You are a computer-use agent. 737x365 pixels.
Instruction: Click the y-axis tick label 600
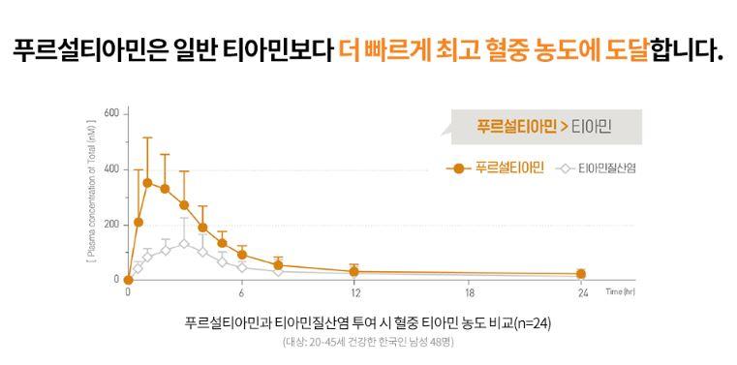(111, 114)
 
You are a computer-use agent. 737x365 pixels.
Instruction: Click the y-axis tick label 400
(111, 169)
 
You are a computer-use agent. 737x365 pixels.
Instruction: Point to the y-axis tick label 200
(111, 225)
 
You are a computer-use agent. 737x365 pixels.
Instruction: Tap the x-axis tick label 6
(241, 293)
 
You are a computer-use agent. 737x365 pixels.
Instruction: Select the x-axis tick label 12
(354, 293)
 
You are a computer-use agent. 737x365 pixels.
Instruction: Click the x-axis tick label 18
(469, 293)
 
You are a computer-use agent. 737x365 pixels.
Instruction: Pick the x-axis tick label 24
(581, 293)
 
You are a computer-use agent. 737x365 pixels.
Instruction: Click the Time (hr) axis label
(622, 290)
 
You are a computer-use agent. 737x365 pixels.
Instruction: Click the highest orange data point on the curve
(147, 182)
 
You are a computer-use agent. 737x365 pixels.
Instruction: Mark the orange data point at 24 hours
(581, 274)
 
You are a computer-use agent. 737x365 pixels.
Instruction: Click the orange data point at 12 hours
(354, 272)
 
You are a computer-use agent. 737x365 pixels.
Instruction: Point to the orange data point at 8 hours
(279, 265)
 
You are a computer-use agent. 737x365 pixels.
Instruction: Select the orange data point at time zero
(128, 280)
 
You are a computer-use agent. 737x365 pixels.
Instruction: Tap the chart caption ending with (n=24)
(368, 322)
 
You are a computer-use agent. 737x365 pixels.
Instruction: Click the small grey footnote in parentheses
(368, 343)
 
